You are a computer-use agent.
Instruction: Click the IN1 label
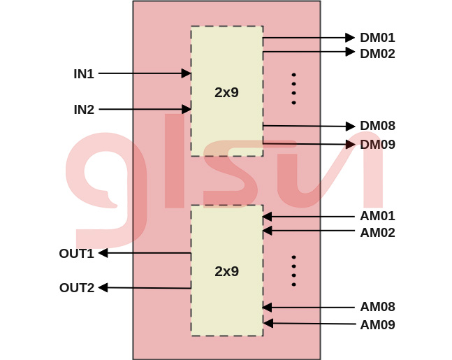(84, 73)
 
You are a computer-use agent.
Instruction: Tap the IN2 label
(84, 110)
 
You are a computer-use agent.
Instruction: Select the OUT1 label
(76, 254)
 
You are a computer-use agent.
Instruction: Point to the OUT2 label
(76, 288)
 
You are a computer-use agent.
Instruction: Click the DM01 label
(377, 38)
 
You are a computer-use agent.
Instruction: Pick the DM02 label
(377, 53)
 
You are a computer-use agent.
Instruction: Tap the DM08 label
(377, 126)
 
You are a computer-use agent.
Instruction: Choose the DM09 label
(377, 145)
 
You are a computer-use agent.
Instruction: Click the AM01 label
(377, 216)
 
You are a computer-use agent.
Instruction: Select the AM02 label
(377, 233)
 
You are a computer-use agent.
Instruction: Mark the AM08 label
(377, 307)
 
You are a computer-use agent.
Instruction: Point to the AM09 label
(377, 325)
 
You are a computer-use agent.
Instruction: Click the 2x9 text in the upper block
(226, 92)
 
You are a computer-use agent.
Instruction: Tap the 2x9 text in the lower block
(226, 271)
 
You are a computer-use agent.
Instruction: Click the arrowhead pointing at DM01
(351, 37)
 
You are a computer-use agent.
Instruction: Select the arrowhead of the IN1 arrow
(187, 73)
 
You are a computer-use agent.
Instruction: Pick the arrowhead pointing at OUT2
(103, 287)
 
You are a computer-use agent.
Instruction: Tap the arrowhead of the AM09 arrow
(268, 323)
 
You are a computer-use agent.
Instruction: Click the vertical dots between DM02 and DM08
(293, 89)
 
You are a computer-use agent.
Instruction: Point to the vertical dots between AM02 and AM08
(293, 271)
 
